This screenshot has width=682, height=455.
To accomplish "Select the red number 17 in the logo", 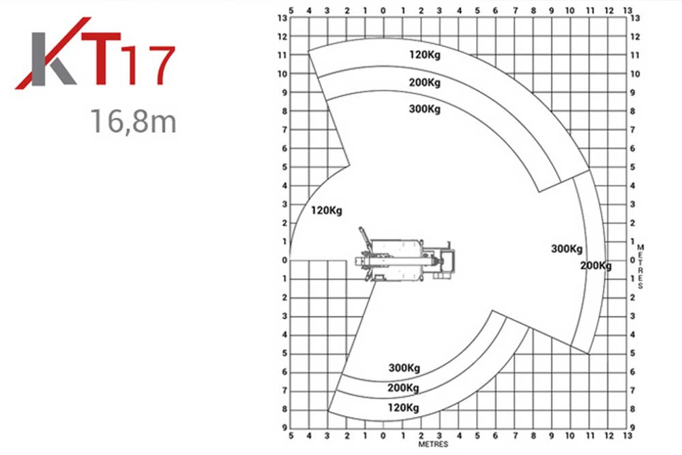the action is point(148,65).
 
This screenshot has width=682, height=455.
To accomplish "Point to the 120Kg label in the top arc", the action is point(425,55).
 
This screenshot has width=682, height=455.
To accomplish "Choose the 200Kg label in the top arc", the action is point(424,83).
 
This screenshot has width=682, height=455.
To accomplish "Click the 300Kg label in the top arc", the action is point(424,108).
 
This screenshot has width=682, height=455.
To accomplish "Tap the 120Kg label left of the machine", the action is point(326,211).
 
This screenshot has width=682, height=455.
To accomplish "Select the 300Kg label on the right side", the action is point(567,249).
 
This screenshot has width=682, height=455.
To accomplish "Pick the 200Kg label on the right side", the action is point(596,265).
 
